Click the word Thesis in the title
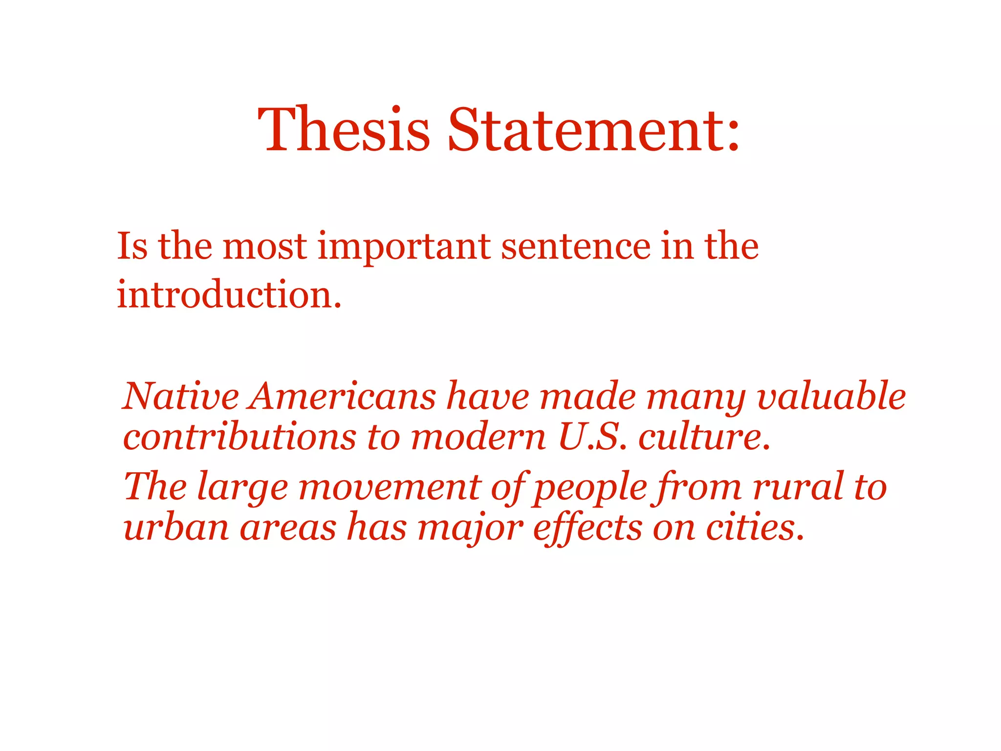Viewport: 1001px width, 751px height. click(344, 130)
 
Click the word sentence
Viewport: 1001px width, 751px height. click(576, 246)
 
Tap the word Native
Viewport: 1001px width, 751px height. click(181, 396)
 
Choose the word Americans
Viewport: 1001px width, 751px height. click(343, 396)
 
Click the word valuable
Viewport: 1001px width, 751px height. click(830, 396)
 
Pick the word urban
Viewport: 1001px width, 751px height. click(176, 528)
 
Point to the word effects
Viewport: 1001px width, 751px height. click(587, 528)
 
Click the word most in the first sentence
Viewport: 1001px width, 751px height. click(264, 247)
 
